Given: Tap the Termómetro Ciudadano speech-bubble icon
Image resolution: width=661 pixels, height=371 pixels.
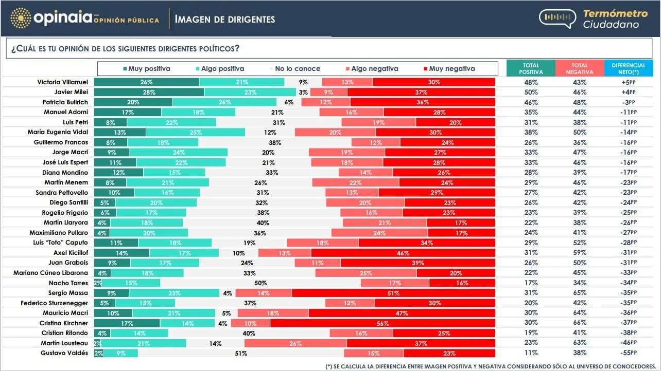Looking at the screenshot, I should click(558, 18).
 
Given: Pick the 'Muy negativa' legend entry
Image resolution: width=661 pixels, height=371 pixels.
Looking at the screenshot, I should click(448, 68).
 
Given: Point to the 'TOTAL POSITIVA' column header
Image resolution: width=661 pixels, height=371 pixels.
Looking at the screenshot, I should click(531, 68).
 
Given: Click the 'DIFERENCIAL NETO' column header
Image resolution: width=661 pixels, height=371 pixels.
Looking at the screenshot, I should click(629, 68).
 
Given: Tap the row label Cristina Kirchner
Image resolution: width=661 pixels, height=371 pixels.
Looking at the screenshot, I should click(64, 323).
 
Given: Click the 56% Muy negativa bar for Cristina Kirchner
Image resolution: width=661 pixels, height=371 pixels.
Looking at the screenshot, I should click(382, 323).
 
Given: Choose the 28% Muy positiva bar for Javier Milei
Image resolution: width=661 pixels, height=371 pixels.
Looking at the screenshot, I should click(149, 92).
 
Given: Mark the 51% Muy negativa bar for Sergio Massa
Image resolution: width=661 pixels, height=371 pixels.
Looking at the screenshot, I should click(393, 293).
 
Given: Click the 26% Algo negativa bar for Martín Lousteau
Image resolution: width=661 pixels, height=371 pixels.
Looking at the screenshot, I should click(295, 343).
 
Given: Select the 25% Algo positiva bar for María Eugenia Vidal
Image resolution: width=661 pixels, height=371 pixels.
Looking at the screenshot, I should click(195, 132).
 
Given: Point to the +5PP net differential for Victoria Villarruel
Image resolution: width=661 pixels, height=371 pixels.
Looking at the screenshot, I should click(629, 82).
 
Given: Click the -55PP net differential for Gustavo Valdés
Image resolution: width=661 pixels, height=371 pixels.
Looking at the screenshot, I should click(629, 353).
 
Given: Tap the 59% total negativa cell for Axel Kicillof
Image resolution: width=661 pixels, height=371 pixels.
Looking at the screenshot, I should click(580, 253).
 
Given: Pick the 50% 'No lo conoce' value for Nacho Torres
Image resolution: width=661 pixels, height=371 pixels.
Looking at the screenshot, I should click(260, 283).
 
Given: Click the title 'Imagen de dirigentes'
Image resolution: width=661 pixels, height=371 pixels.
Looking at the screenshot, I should click(225, 20).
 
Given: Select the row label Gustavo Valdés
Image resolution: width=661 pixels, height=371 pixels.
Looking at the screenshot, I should click(64, 353).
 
